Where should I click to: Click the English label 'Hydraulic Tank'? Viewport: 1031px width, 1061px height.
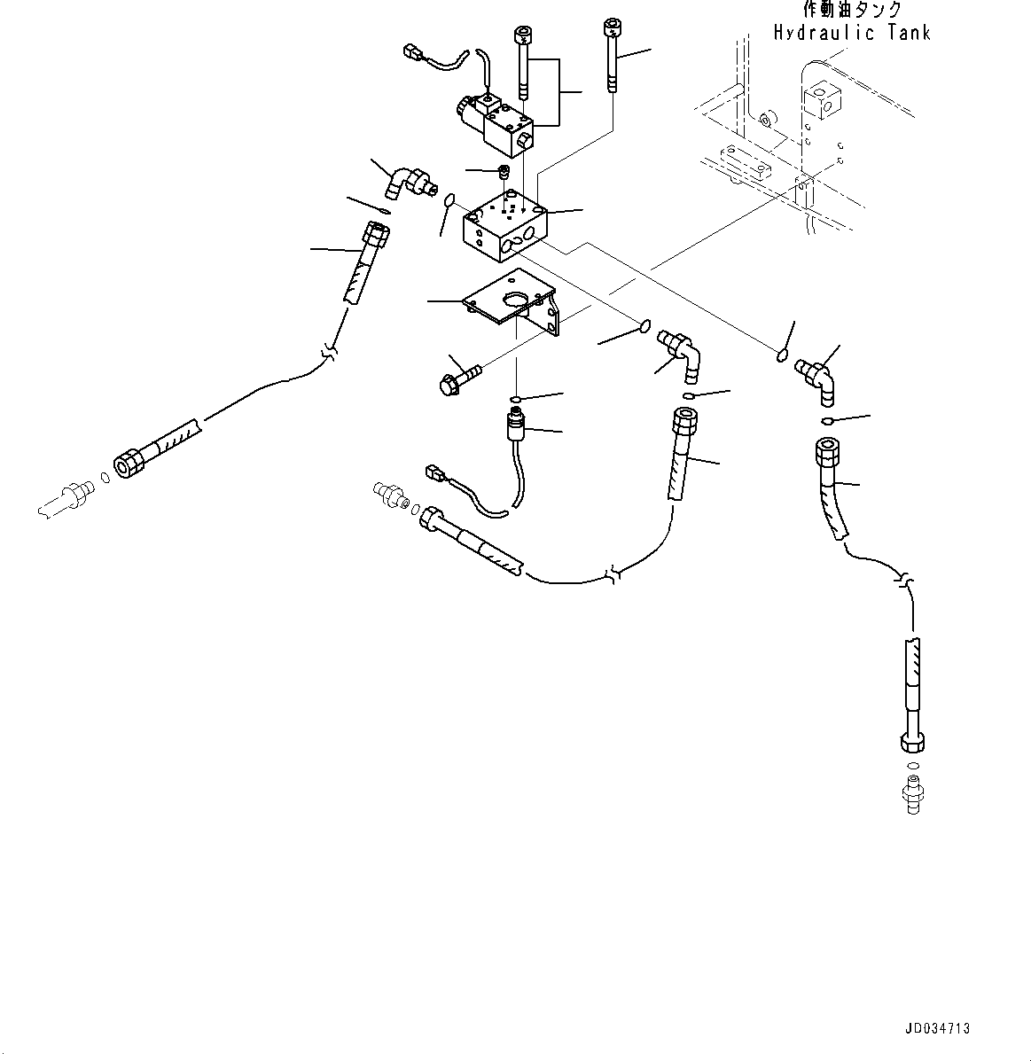point(851,33)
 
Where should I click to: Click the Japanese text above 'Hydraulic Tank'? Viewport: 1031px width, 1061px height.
point(851,10)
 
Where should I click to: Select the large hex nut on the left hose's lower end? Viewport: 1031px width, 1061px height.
point(129,463)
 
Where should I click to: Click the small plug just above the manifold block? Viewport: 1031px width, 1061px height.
point(505,171)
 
